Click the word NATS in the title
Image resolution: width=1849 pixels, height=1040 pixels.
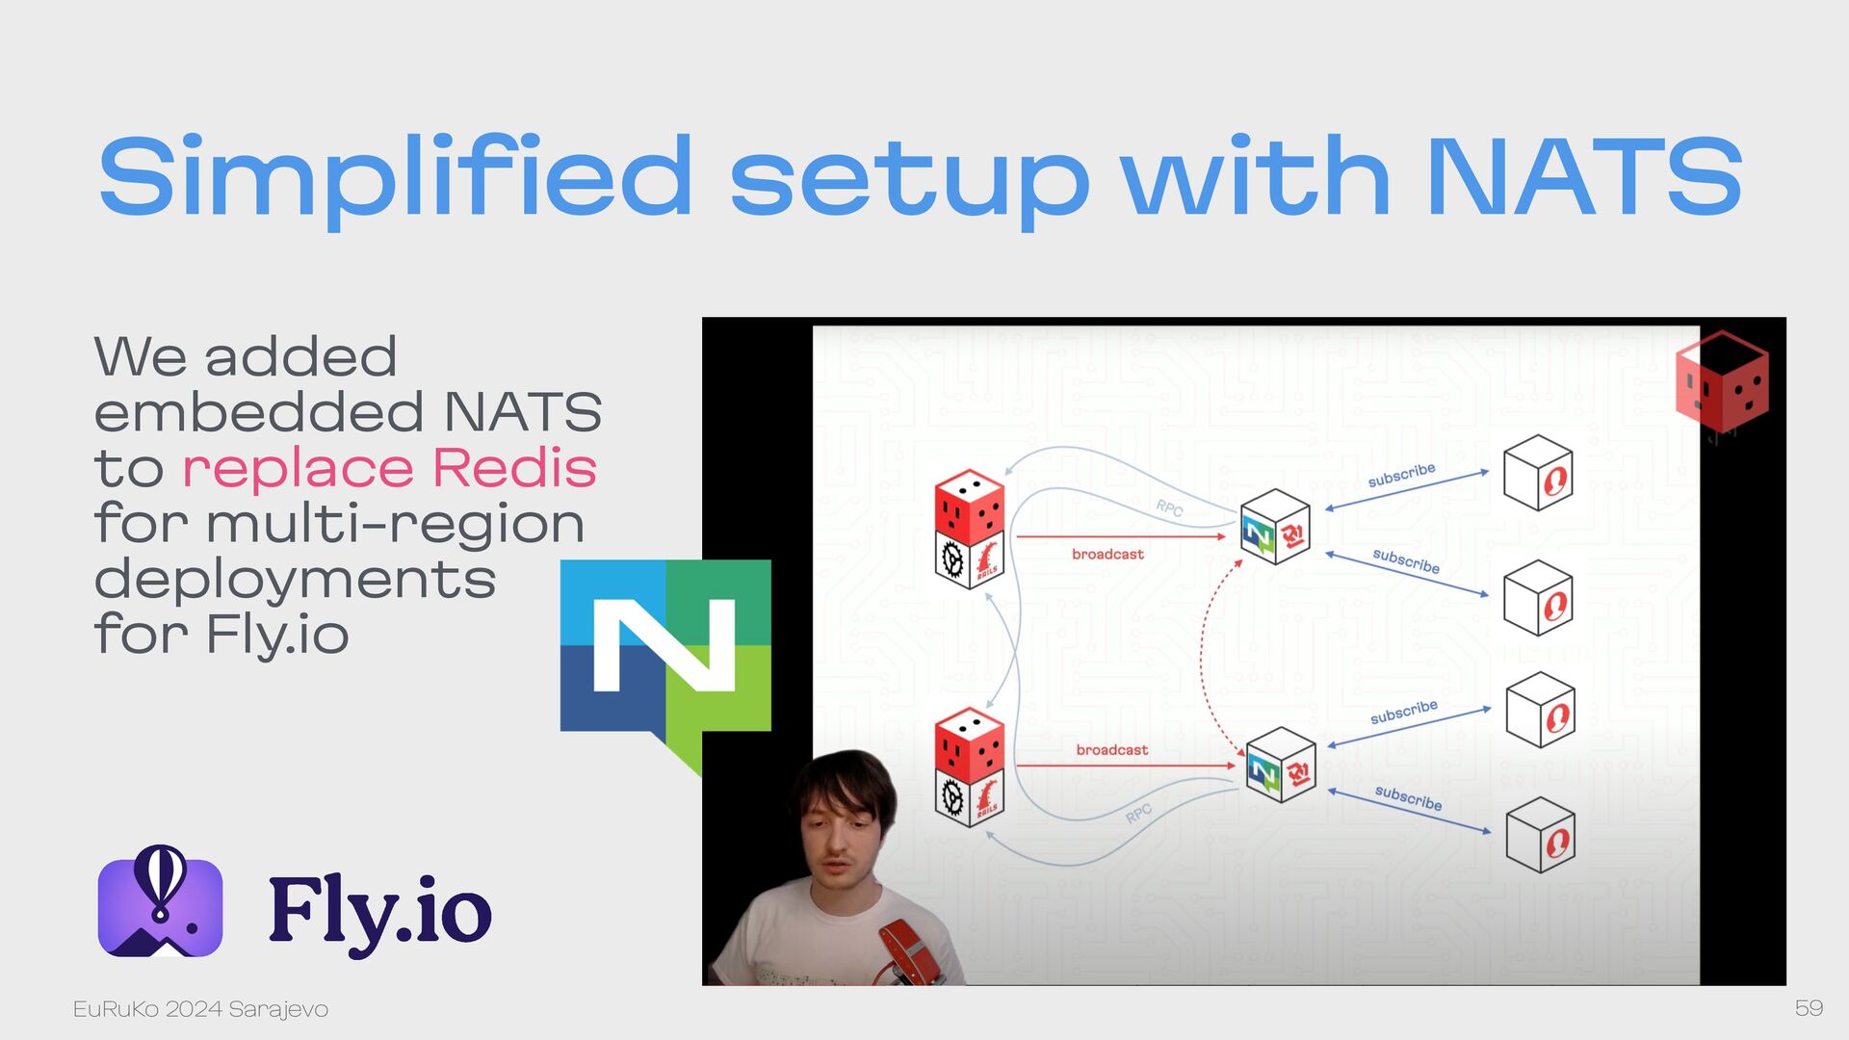tap(1584, 176)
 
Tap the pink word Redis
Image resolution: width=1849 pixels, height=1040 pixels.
tap(514, 468)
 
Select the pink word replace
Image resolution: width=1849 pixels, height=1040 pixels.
tap(298, 471)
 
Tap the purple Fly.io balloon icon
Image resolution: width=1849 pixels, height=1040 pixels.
tap(160, 901)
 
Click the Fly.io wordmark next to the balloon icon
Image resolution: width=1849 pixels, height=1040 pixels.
tap(380, 911)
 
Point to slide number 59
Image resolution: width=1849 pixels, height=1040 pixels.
tap(1809, 1008)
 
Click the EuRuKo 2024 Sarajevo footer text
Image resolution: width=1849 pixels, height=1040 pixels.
tap(200, 1009)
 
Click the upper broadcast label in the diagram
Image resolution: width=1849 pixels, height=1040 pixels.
tap(1107, 554)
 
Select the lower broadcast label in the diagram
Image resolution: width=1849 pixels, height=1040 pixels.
tap(1112, 749)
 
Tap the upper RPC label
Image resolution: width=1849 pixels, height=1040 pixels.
tap(1169, 507)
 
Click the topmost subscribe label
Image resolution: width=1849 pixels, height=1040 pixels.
tap(1401, 475)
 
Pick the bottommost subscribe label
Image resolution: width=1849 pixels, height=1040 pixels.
tap(1408, 798)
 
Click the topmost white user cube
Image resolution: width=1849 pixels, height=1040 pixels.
tap(1538, 472)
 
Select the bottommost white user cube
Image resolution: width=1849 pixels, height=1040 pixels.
tap(1541, 835)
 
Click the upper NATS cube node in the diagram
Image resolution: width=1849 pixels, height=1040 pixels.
tap(1275, 527)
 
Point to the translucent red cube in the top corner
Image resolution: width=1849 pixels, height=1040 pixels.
tap(1722, 382)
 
